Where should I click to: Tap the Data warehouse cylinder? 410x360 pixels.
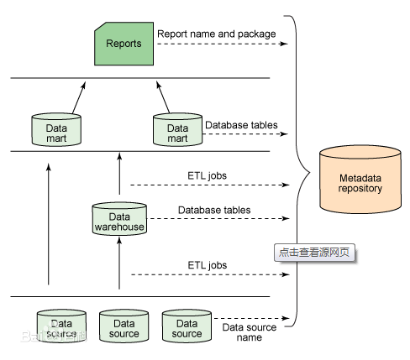(119, 220)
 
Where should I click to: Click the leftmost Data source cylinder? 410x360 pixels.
(60, 326)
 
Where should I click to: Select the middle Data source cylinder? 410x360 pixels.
(124, 326)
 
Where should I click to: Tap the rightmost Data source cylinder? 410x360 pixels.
(187, 326)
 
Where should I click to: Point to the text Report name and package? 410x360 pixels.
(216, 34)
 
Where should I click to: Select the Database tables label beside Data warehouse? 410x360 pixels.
(214, 210)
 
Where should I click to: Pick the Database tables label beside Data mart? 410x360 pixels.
(240, 123)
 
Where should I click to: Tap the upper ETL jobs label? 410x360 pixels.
(207, 175)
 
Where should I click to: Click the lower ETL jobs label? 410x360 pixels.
(207, 265)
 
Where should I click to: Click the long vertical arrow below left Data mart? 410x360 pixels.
(48, 227)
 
